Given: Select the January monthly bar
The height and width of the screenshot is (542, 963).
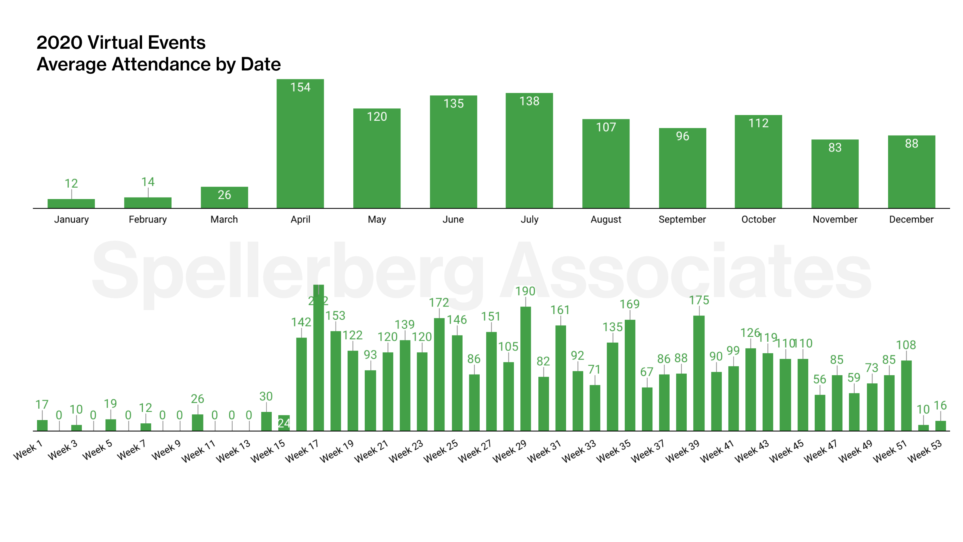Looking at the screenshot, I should click(71, 204).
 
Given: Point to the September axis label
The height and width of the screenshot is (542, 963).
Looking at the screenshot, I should click(682, 220).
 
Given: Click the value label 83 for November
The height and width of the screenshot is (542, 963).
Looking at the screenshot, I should click(834, 148).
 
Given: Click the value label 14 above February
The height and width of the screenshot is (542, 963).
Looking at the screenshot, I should click(148, 182).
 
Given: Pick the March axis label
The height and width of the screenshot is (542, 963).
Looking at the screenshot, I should click(224, 220).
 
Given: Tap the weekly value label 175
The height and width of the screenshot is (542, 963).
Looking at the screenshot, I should click(699, 301).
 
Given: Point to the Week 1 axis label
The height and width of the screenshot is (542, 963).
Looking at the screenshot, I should click(28, 450).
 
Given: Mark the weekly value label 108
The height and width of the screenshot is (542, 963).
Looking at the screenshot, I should click(906, 345).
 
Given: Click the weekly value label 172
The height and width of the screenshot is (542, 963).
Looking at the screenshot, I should click(438, 303).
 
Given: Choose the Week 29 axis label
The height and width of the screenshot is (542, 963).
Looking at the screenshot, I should click(509, 451).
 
